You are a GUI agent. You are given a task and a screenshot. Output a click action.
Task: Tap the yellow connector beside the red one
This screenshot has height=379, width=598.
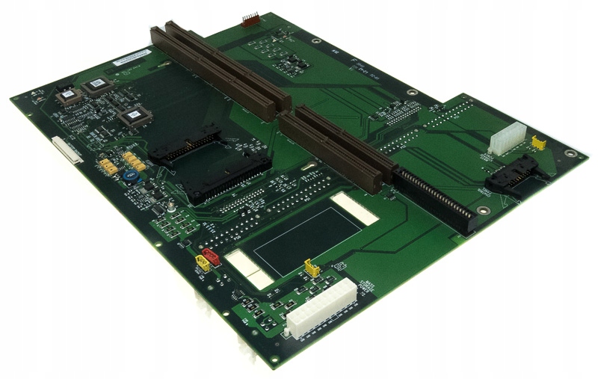[x=201, y=263]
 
